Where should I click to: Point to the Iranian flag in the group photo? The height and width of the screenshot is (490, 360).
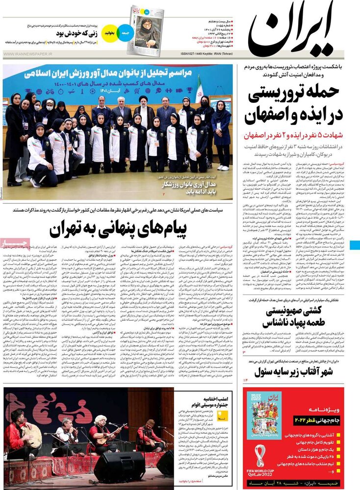tap(199, 91)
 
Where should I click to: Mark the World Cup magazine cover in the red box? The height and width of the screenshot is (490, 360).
tap(264, 415)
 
